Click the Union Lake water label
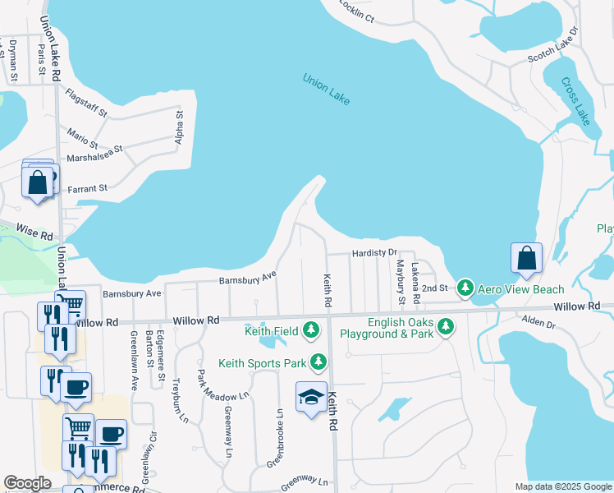click(x=326, y=90)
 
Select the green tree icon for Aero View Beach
click(x=465, y=288)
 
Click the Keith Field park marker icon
click(x=310, y=331)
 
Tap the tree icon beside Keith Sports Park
click(x=318, y=362)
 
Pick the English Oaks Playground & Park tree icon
click(x=446, y=328)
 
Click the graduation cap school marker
click(x=312, y=399)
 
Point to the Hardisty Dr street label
click(x=374, y=253)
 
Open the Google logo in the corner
click(x=27, y=483)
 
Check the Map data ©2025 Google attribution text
click(x=562, y=486)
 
